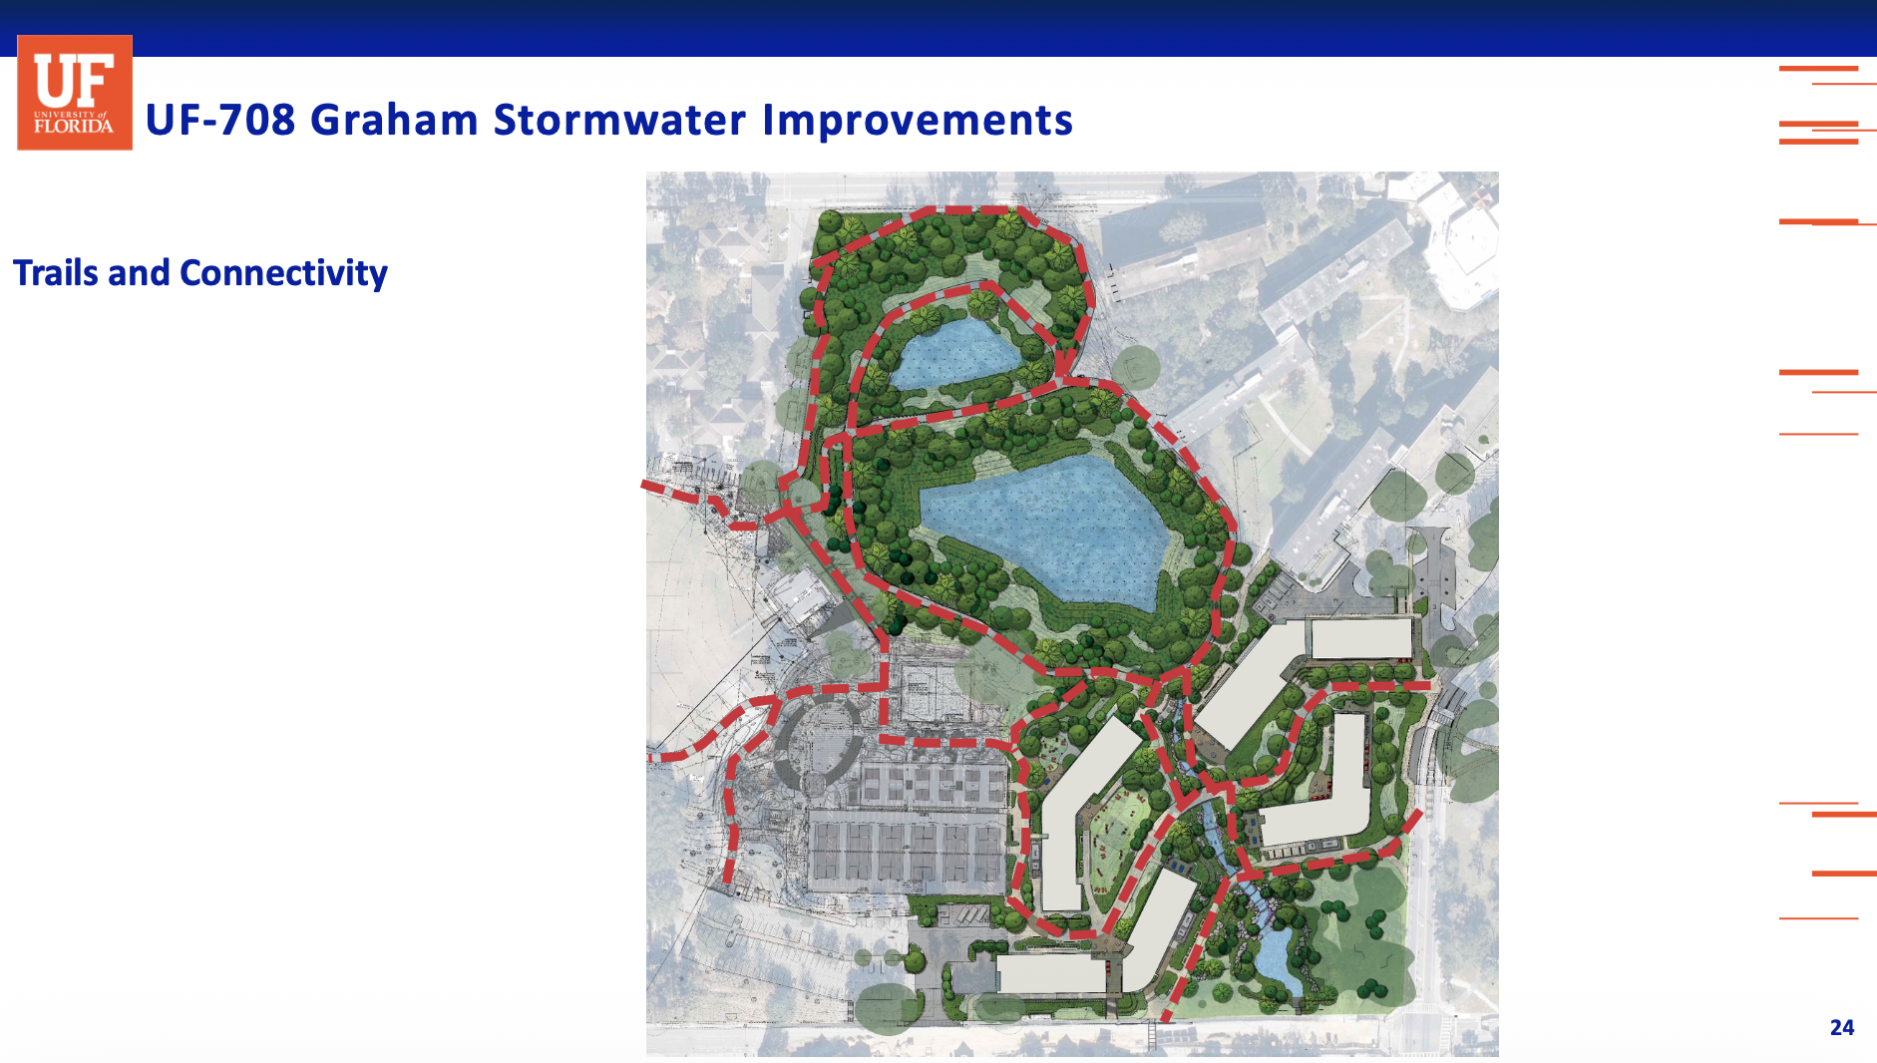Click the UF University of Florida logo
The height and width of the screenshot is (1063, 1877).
(75, 93)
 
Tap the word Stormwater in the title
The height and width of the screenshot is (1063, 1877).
(619, 120)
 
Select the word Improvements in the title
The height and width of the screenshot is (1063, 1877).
(918, 121)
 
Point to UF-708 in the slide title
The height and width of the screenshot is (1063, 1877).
(220, 120)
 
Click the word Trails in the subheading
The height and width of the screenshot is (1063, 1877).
(55, 272)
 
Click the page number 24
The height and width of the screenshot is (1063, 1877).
(1842, 1027)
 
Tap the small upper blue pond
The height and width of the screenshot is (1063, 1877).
(957, 354)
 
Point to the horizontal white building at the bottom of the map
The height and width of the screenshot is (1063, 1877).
(1052, 974)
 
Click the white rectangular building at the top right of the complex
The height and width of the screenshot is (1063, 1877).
(1361, 639)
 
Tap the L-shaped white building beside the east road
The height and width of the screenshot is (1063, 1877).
(1321, 788)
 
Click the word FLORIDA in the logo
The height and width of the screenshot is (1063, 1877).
(74, 127)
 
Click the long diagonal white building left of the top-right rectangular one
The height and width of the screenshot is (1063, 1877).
(1252, 683)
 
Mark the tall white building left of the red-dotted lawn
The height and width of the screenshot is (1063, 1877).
(1082, 813)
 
